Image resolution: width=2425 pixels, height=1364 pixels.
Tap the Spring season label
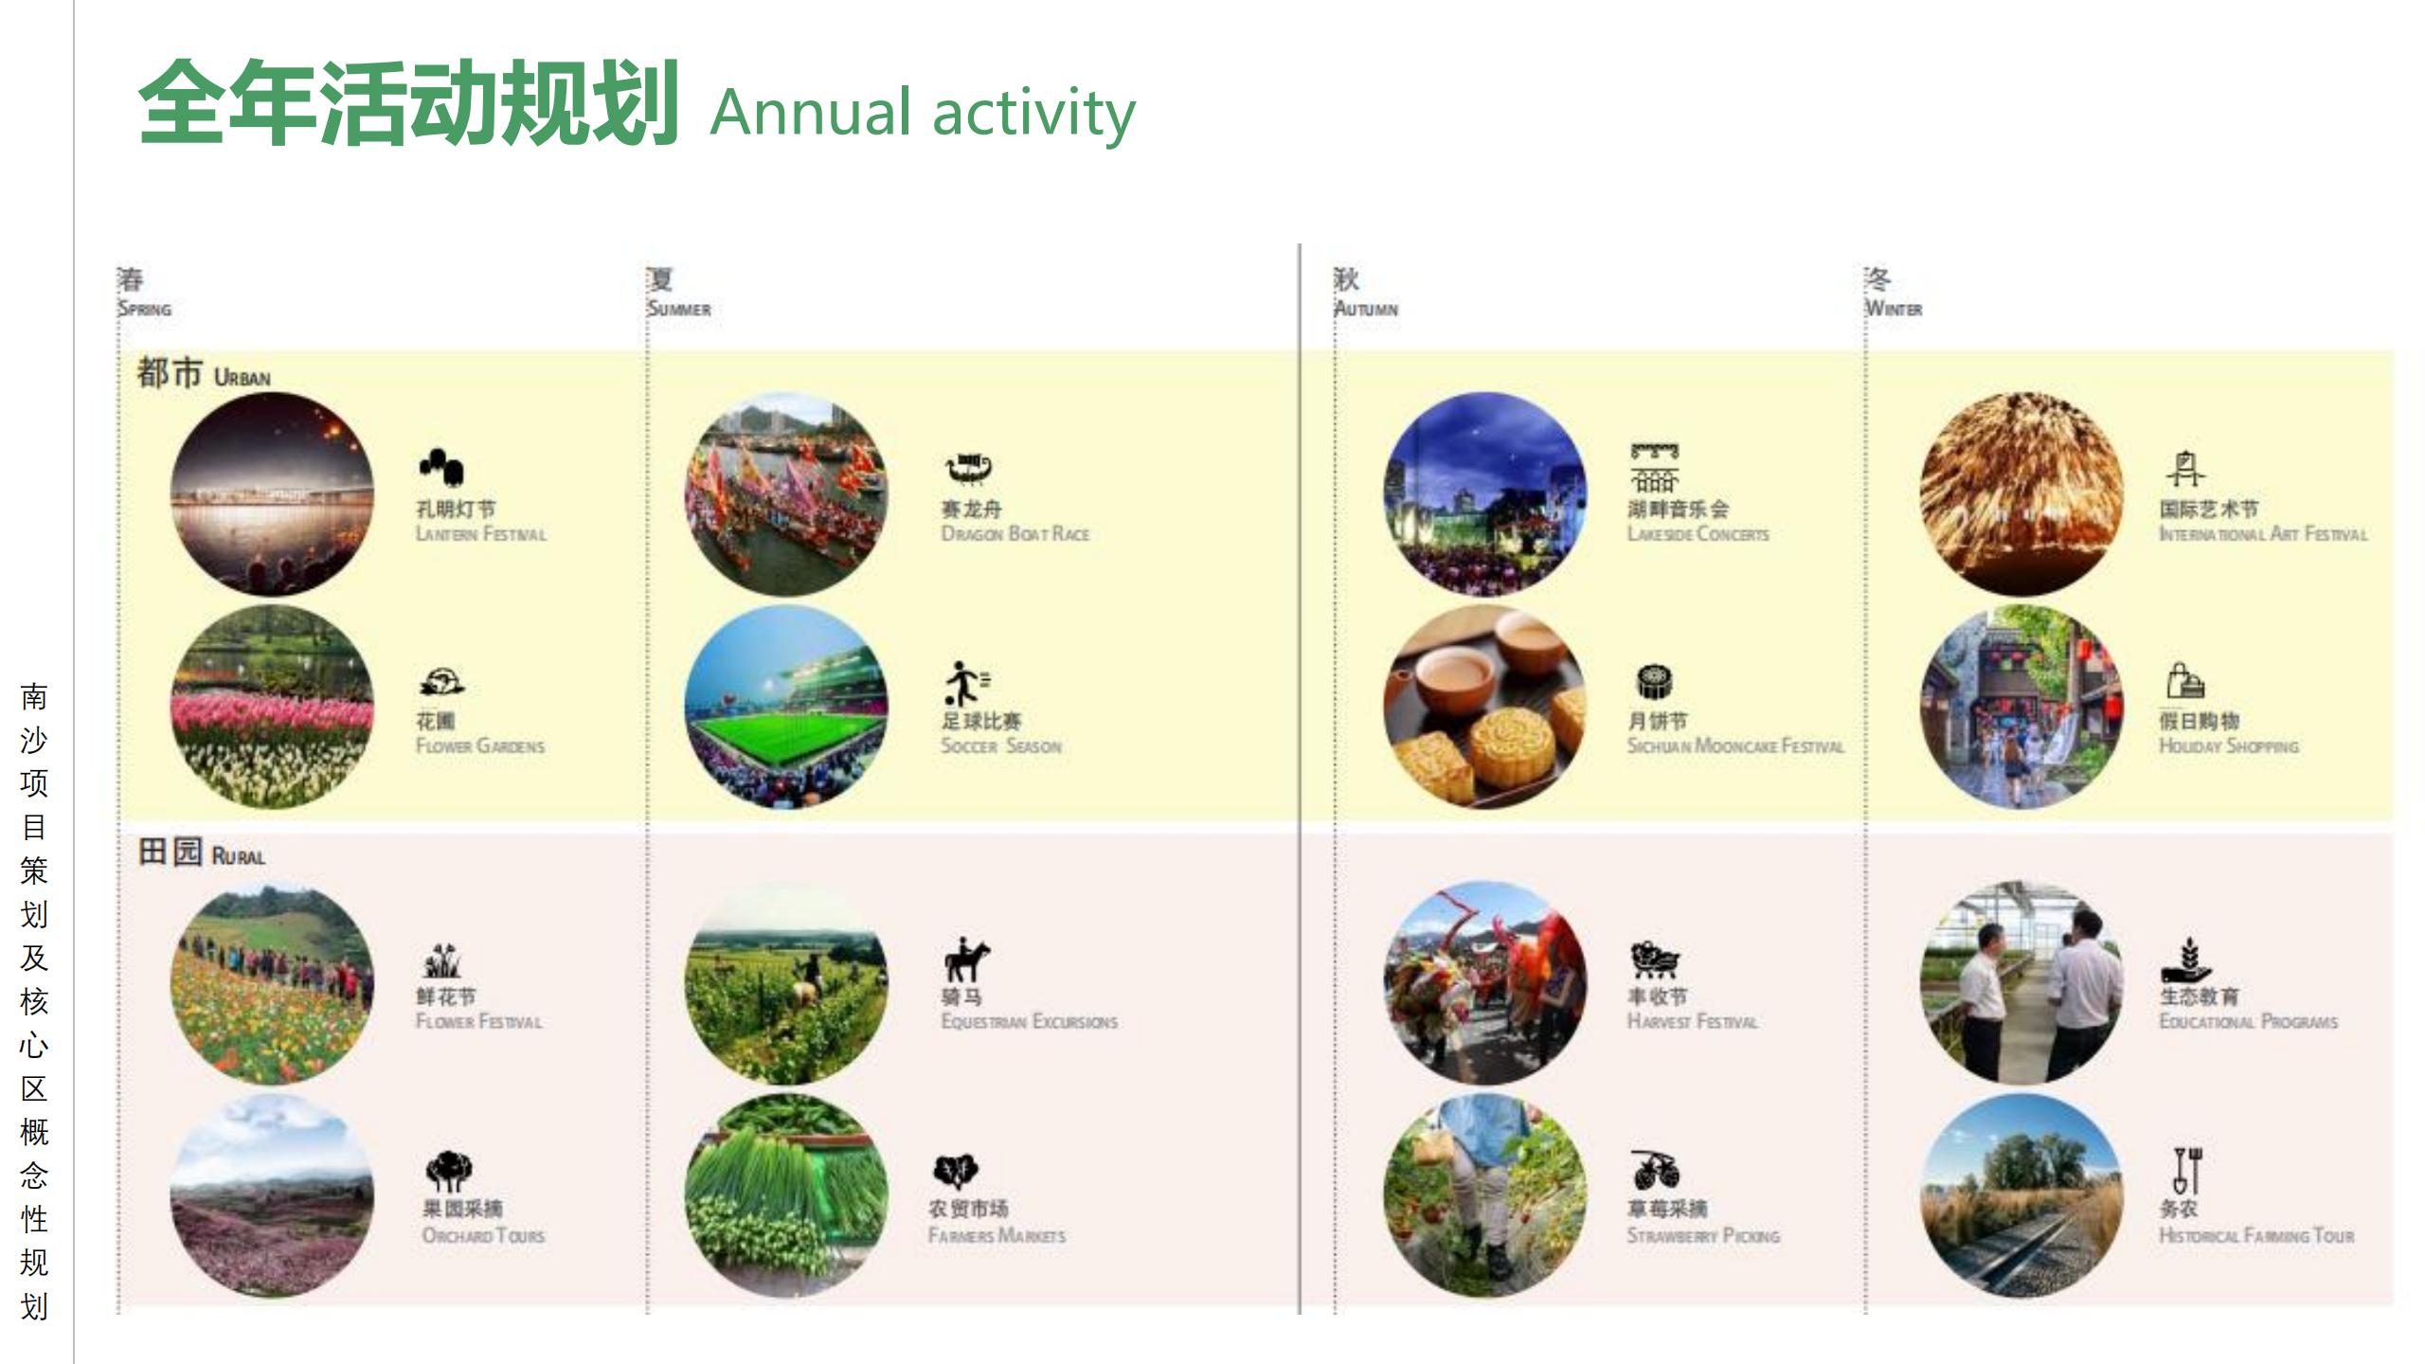[x=144, y=293]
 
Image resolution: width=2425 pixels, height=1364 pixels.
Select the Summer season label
[x=678, y=293]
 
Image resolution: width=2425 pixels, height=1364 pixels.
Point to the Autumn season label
[x=1365, y=293]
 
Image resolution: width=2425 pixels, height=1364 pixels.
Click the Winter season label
[x=1893, y=293]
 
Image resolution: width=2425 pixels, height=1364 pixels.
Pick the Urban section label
[x=204, y=373]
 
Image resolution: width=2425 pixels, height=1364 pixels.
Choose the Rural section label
[x=201, y=852]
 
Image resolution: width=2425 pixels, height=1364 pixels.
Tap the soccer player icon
[x=965, y=683]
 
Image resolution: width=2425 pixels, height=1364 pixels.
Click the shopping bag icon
[x=2185, y=681]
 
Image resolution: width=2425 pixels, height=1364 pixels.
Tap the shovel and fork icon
[x=2187, y=1171]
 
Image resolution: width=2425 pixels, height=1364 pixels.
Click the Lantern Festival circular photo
[x=272, y=494]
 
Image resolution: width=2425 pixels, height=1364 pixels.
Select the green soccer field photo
[x=786, y=708]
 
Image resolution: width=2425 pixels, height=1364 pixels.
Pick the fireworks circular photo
[x=2021, y=494]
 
